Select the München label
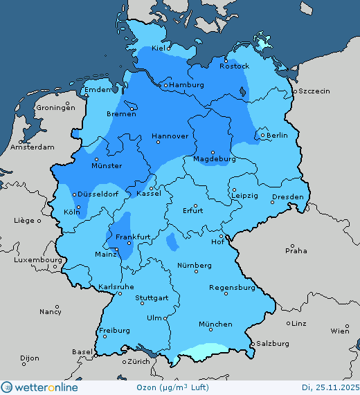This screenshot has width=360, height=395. [x=215, y=324]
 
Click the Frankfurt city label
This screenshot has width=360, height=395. [x=133, y=237]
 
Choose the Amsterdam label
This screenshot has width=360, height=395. [x=33, y=147]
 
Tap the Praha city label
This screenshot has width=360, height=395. [x=296, y=250]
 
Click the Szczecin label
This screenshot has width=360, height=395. [x=314, y=91]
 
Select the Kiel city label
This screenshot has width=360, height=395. [x=161, y=48]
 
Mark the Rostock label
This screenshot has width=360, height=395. [x=234, y=66]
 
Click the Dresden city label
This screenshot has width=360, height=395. [x=287, y=197]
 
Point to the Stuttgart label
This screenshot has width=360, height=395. [x=152, y=298]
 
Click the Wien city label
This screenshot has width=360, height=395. [x=340, y=331]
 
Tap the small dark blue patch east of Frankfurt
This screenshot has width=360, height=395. [x=171, y=242]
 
